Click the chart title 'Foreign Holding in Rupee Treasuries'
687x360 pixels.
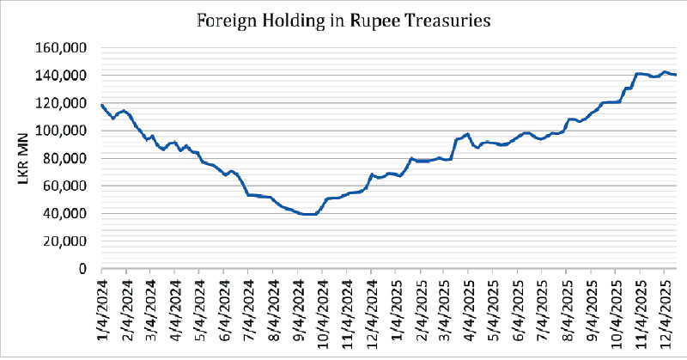click(344, 20)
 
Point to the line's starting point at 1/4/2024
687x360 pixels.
click(101, 105)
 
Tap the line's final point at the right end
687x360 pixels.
click(677, 75)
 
